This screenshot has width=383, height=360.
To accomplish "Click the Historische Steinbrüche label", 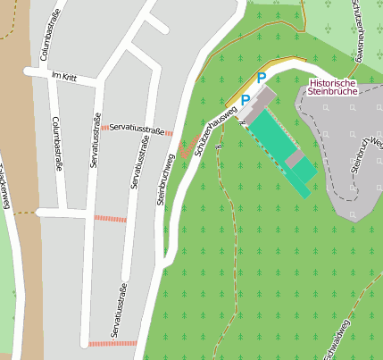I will coord(332,88).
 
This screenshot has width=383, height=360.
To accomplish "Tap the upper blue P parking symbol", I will coord(261,79).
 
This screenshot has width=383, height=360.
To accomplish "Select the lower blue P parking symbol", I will coord(245,100).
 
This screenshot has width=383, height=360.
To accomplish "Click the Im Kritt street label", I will coord(65,78).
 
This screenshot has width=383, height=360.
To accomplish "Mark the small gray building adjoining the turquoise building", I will coord(296,158).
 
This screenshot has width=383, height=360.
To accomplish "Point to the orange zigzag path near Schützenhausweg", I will coord(187,147).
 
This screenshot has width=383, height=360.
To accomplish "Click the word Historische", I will coord(332,82).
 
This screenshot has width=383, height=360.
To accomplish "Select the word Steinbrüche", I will coord(332,92).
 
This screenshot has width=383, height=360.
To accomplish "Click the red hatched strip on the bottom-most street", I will coord(112,343).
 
